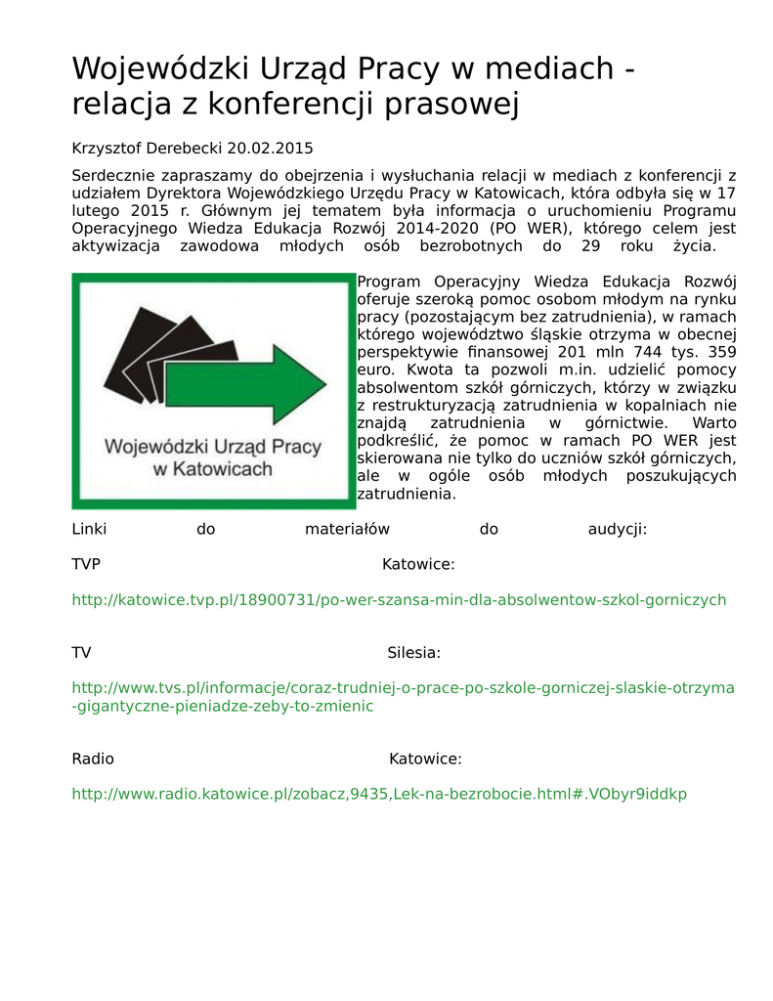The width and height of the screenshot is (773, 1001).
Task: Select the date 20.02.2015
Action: pyautogui.click(x=270, y=149)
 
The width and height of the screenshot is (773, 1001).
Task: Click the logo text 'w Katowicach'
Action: pyautogui.click(x=213, y=469)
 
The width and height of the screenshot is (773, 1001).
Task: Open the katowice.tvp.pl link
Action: pyautogui.click(x=399, y=599)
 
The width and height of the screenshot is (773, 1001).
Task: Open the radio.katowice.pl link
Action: pyautogui.click(x=379, y=794)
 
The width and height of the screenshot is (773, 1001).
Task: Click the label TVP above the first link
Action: pyautogui.click(x=86, y=564)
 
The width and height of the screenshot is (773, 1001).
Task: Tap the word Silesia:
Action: pyautogui.click(x=413, y=652)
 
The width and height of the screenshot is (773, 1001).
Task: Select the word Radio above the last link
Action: pyautogui.click(x=93, y=759)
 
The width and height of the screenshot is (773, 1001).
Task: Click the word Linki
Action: pyautogui.click(x=89, y=529)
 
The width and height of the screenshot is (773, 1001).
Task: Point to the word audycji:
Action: pyautogui.click(x=617, y=529)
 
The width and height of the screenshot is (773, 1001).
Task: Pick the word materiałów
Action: pyautogui.click(x=347, y=529)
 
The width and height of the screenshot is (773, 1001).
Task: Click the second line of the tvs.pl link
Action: pyautogui.click(x=223, y=706)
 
